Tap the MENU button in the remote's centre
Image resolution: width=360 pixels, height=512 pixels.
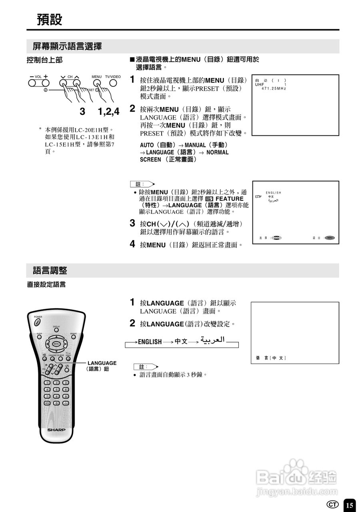coord(56,344)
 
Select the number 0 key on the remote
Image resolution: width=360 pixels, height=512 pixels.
coord(56,403)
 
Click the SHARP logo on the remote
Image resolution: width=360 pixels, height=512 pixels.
coord(56,430)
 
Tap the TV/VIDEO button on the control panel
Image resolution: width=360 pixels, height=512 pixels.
coord(113,83)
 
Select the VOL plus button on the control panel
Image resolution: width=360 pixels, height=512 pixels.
coord(46,83)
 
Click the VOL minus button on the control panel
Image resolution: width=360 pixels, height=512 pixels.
coord(32,83)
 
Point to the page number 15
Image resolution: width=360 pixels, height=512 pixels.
coord(350,505)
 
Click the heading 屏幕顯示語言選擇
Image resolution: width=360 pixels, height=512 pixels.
coord(67,46)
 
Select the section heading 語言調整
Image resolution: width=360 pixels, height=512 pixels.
coord(50,270)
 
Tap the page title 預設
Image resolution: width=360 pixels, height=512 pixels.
coord(50,19)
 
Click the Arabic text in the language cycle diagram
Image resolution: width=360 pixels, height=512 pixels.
coord(213,340)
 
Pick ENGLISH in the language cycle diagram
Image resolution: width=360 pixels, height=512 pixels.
coord(150,342)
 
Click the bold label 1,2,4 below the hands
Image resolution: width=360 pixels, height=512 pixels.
coord(109,112)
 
